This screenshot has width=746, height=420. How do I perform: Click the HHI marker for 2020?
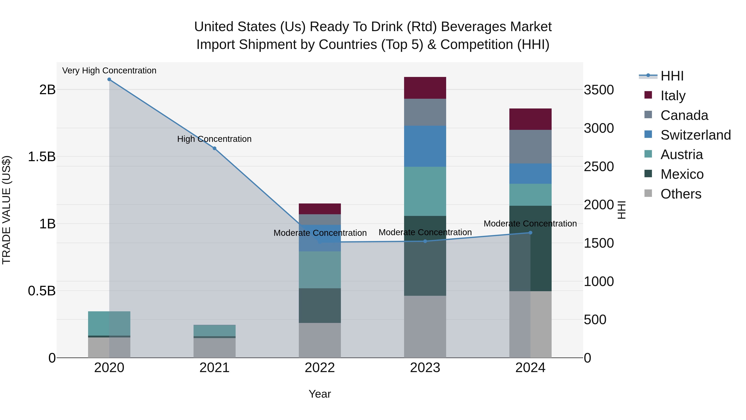pyautogui.click(x=109, y=79)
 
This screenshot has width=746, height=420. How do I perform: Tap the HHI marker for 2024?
pyautogui.click(x=530, y=233)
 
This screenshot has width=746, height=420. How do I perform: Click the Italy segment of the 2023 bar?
pyautogui.click(x=425, y=88)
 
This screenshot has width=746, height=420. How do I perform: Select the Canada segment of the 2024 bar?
pyautogui.click(x=530, y=147)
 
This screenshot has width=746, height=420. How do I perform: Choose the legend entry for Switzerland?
pyautogui.click(x=695, y=135)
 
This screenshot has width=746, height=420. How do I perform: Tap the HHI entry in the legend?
pyautogui.click(x=672, y=76)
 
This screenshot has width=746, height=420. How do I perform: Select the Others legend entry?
pyautogui.click(x=681, y=194)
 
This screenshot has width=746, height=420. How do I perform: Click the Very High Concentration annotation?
pyautogui.click(x=109, y=71)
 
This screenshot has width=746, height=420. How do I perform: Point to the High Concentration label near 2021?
pyautogui.click(x=214, y=139)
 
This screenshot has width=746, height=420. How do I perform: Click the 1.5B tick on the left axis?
pyautogui.click(x=41, y=157)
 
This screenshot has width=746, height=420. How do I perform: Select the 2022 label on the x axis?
pyautogui.click(x=320, y=368)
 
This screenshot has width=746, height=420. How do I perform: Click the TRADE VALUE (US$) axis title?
pyautogui.click(x=6, y=210)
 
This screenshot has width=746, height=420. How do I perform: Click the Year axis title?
pyautogui.click(x=320, y=394)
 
